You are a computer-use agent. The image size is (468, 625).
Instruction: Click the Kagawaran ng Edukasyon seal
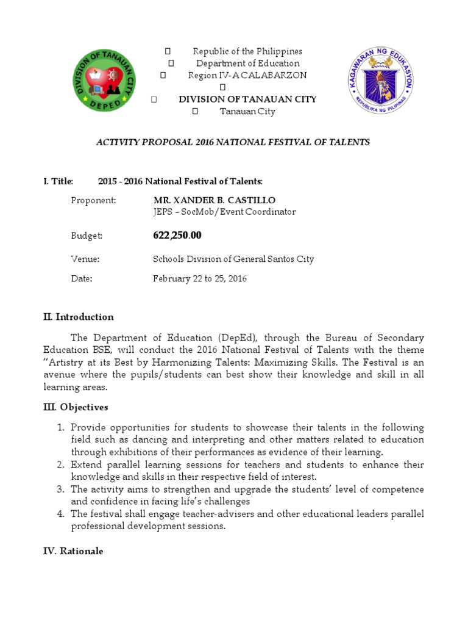click(381, 82)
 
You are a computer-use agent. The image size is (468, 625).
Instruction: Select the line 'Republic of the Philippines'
click(247, 51)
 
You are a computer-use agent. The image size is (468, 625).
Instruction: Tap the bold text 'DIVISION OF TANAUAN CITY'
click(247, 99)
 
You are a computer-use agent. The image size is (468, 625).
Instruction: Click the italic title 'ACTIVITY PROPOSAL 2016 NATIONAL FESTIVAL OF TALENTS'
click(233, 142)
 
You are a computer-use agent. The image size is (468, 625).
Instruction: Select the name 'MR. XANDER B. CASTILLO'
click(214, 200)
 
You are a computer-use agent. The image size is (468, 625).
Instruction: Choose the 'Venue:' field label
click(85, 259)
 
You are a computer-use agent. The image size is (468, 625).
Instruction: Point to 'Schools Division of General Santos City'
click(233, 259)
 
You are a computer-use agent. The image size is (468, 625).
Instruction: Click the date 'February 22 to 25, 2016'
click(199, 278)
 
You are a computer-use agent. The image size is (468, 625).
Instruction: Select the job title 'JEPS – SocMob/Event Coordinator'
click(224, 212)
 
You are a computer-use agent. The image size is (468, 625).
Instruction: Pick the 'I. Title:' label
click(58, 181)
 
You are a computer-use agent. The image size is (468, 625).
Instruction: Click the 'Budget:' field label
click(87, 236)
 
